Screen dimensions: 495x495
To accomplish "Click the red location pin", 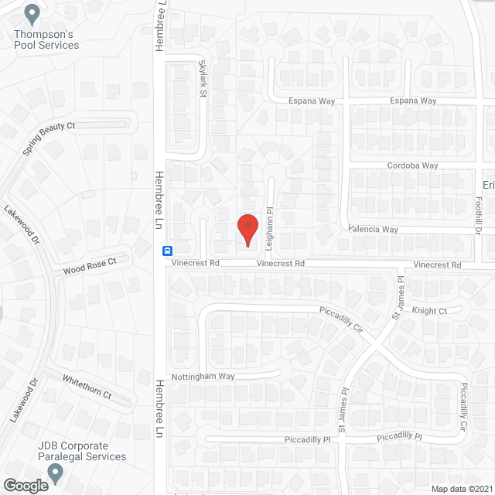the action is pos(247,229).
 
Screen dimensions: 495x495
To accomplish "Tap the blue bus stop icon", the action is pos(166,251).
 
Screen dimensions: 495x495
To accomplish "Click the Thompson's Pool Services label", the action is pos(46,39).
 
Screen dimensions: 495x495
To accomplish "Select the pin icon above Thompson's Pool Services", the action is pos(32,13).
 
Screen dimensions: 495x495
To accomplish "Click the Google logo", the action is pos(25,485).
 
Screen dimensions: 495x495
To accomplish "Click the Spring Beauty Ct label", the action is pos(49,138).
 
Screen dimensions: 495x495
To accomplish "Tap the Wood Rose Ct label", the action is pos(89,266).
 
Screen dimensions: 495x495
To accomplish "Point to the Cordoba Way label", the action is pos(414,166).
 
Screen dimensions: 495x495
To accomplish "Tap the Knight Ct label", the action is pos(429,311).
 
